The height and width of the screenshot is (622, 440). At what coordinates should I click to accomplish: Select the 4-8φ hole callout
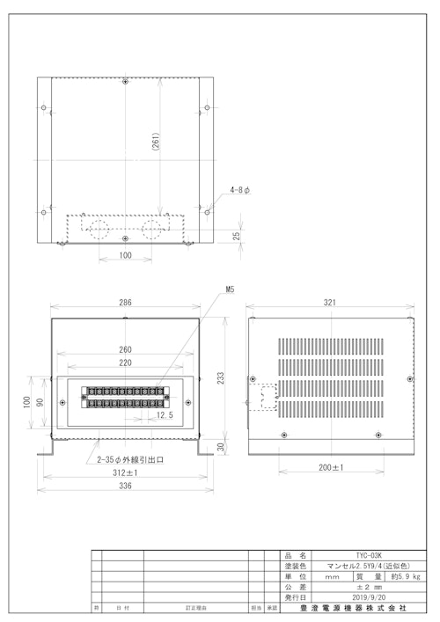[240, 189]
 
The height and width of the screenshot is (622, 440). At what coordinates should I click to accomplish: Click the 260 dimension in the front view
[126, 349]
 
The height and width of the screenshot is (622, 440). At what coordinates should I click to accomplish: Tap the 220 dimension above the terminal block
[126, 362]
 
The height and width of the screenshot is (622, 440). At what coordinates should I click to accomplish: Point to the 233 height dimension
[222, 377]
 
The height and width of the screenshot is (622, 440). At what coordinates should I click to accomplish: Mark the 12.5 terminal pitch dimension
[164, 414]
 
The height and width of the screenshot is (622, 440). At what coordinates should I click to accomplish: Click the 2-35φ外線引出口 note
[131, 459]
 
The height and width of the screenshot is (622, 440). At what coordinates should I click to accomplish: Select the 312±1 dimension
[126, 472]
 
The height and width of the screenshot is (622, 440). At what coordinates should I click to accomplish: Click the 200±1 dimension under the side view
[330, 466]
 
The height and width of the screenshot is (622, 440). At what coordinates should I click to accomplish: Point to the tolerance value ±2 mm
[367, 587]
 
